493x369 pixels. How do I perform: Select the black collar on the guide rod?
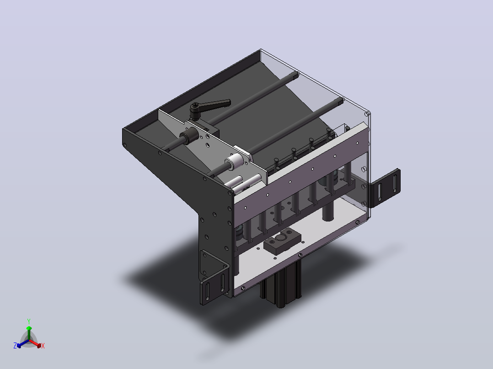[189, 136]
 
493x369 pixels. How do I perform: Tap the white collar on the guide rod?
[235, 162]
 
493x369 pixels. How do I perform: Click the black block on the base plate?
[282, 241]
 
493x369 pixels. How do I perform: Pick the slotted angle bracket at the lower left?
[214, 278]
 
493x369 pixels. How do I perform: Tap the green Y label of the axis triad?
[29, 321]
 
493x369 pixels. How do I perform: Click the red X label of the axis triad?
[43, 346]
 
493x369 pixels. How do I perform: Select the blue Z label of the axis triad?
[15, 346]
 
